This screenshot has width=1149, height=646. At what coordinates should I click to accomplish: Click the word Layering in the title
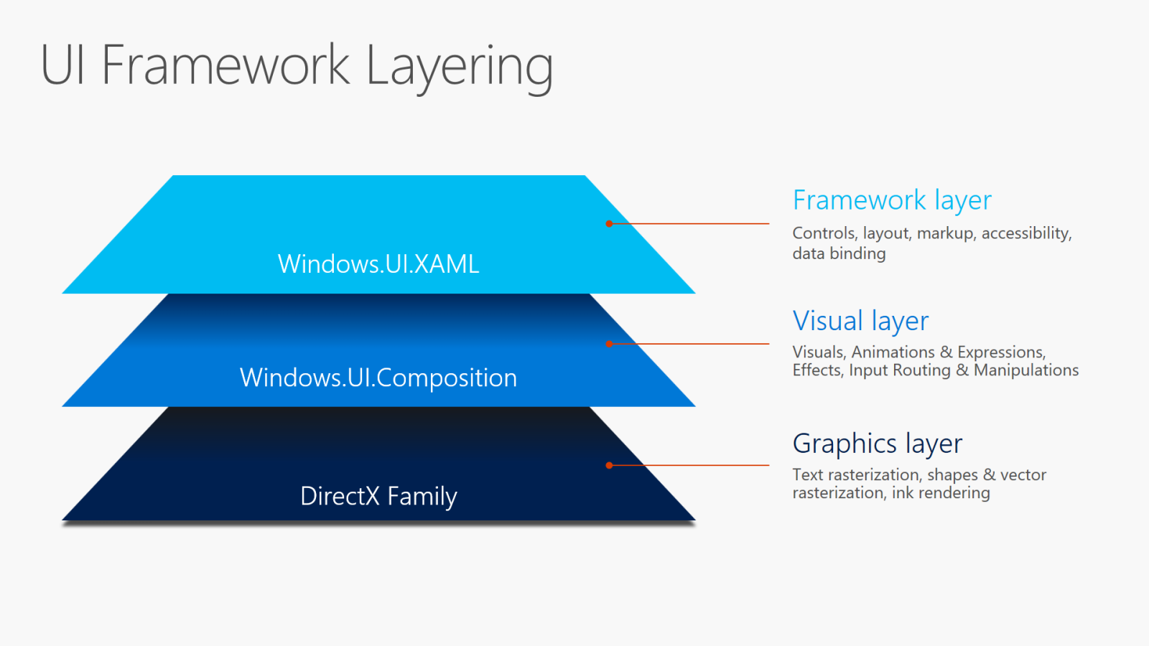[460, 66]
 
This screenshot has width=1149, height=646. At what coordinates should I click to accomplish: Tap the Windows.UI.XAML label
[378, 264]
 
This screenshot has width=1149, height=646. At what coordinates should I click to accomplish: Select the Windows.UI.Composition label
[378, 378]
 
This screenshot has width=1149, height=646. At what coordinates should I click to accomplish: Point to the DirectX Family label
[378, 496]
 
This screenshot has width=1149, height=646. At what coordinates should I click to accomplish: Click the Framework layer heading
[892, 200]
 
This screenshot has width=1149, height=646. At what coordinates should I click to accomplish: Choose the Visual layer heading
[860, 321]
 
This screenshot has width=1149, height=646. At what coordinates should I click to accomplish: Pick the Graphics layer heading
[877, 444]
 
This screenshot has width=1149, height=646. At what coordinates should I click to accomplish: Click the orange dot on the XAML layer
[609, 224]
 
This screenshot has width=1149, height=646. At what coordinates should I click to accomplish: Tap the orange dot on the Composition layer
[609, 344]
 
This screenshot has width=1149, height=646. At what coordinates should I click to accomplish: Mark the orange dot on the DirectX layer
[609, 465]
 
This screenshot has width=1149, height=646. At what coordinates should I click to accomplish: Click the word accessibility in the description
[1025, 233]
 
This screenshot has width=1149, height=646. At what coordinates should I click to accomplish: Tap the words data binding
[839, 253]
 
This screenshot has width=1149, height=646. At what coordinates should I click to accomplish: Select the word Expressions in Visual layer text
[1001, 352]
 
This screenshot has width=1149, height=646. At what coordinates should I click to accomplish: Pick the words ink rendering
[941, 493]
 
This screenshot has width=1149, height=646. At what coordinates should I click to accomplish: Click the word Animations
[893, 352]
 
